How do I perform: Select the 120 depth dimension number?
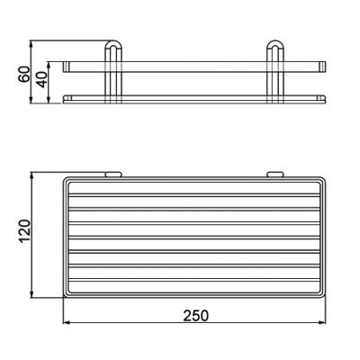click(24, 236)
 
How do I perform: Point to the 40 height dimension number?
click(43, 79)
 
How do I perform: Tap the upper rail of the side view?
click(193, 66)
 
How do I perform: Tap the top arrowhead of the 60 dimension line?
click(32, 43)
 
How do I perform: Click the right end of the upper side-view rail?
click(324, 66)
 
